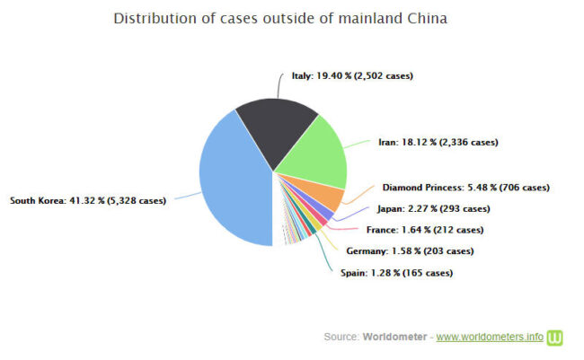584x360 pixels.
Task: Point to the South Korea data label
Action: coord(87,200)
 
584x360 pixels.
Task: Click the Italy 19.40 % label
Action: coord(352,76)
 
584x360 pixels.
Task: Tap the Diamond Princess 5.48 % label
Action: coord(465,188)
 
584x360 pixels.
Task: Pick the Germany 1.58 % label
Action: coord(409,251)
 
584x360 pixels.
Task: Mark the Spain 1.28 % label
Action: coord(396,272)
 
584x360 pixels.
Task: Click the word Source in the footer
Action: coord(341,337)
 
